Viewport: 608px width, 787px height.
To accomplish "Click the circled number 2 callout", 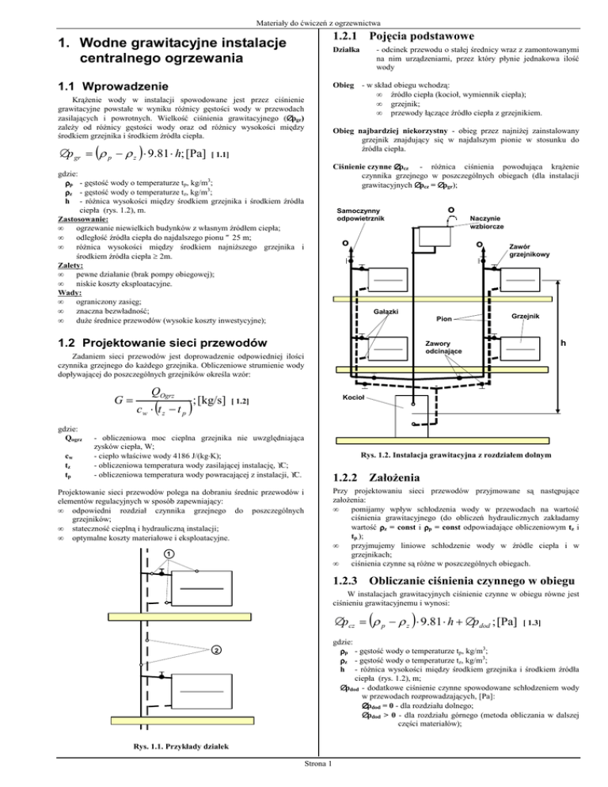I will click(x=215, y=651).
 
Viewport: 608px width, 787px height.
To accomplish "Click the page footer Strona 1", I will click(x=304, y=782).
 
